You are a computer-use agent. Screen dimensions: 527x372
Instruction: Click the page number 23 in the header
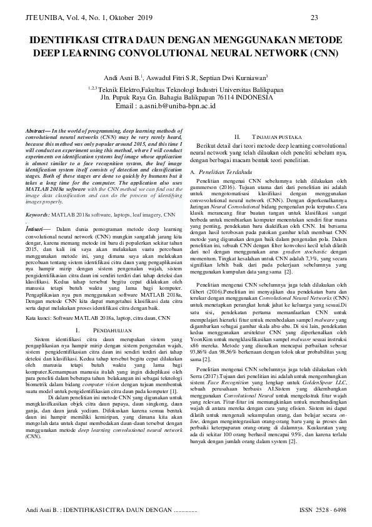314,17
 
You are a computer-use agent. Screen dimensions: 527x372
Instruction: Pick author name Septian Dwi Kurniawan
237,78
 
